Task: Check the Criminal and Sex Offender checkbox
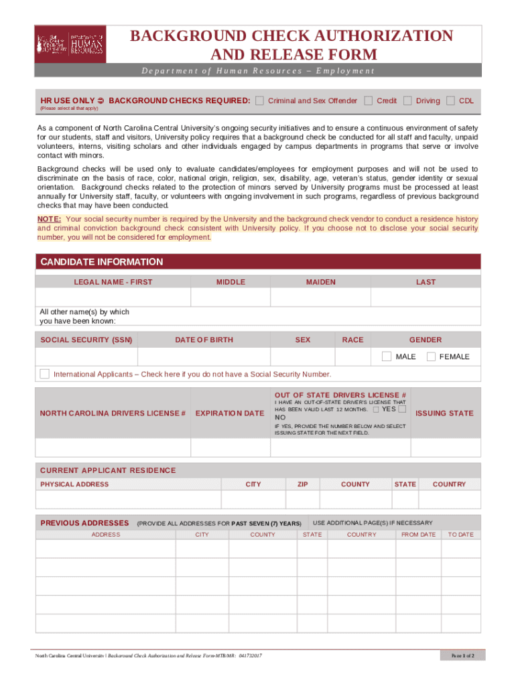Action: (x=259, y=100)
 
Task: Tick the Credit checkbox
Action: (x=368, y=100)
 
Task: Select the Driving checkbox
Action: (x=407, y=100)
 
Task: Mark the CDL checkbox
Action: (x=451, y=100)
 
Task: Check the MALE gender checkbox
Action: (x=387, y=356)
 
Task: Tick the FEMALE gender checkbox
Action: (x=431, y=356)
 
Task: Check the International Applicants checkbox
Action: (x=44, y=373)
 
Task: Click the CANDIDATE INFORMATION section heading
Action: (x=101, y=262)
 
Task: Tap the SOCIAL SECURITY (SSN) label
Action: (x=86, y=340)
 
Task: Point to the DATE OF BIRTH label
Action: (x=204, y=340)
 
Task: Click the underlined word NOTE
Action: (x=50, y=219)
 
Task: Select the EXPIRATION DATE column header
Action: (x=230, y=413)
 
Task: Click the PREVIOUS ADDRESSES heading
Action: (x=84, y=523)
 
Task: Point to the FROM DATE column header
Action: (x=418, y=535)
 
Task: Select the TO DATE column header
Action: (x=460, y=535)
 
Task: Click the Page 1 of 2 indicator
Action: (x=463, y=655)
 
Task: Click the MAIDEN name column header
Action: (x=321, y=282)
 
